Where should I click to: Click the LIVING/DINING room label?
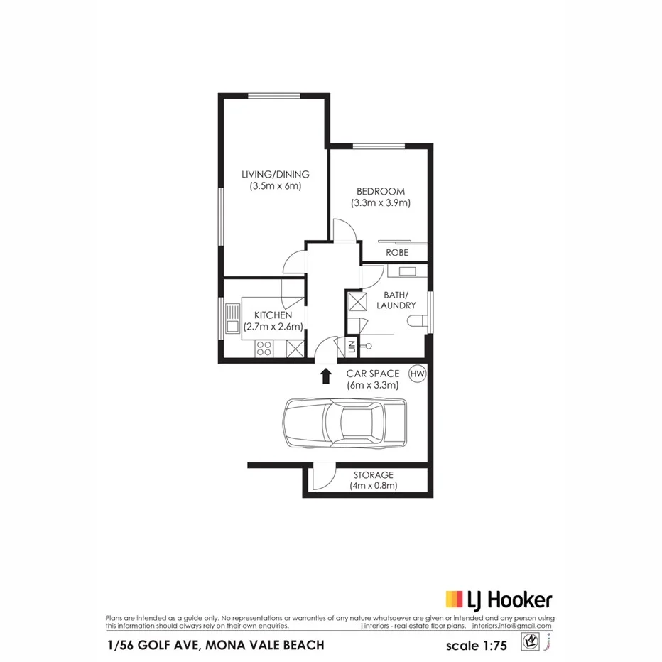[275, 175]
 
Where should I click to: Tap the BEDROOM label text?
[381, 191]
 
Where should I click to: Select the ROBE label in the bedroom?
[396, 252]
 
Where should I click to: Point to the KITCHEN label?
[273, 315]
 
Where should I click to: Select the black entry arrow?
[326, 376]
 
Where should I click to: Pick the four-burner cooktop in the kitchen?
[264, 348]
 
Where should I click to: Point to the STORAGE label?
[373, 474]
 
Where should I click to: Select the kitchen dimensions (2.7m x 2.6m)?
[273, 327]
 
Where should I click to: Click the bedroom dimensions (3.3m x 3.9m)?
[381, 203]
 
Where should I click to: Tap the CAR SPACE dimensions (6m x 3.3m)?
[372, 385]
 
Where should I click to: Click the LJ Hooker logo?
[499, 599]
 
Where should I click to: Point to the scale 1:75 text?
[477, 646]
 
